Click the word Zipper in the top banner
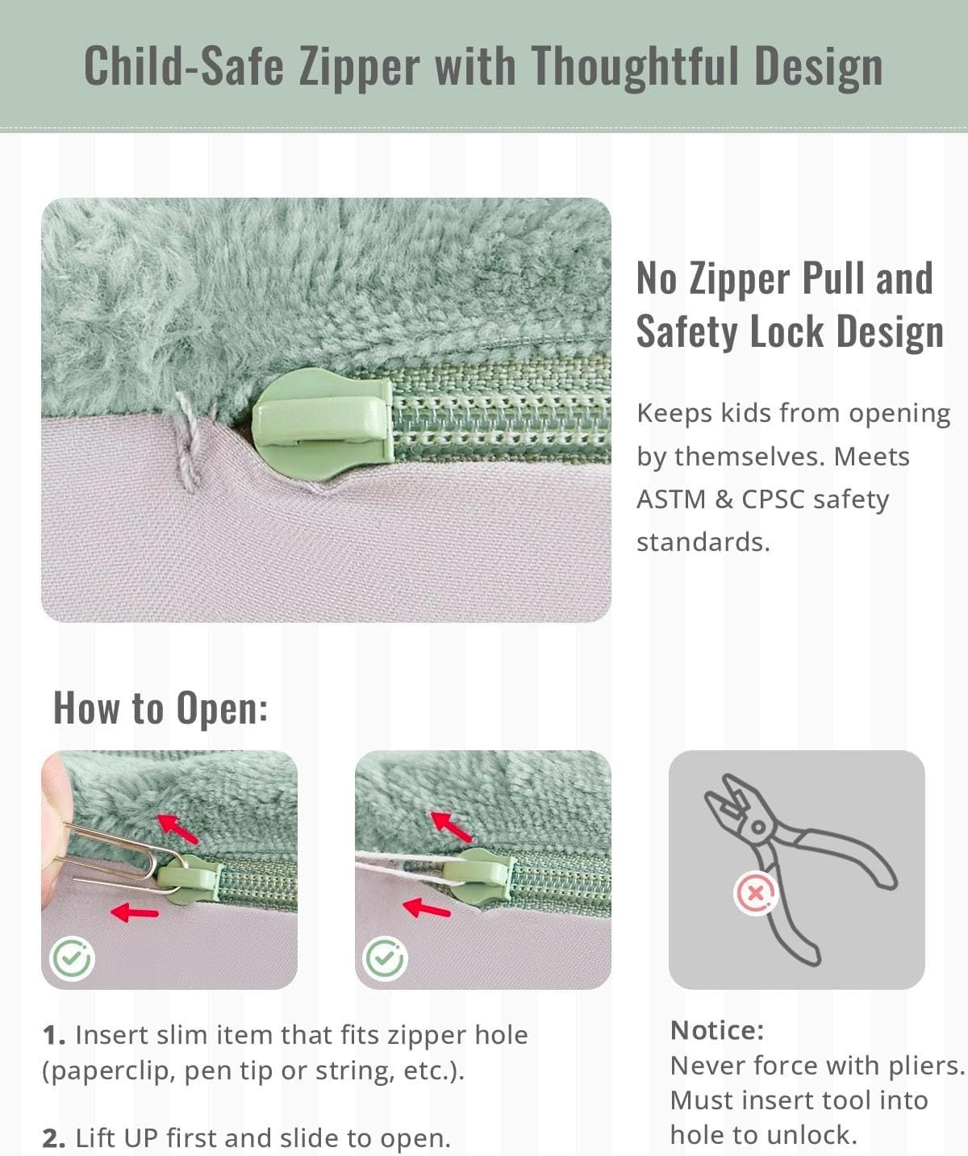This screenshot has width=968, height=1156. [x=360, y=66]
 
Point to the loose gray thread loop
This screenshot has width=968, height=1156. [x=186, y=440]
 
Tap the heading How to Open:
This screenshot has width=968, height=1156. [x=161, y=708]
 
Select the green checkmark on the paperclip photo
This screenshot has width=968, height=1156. [x=72, y=959]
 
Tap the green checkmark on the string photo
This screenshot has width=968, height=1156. [x=385, y=959]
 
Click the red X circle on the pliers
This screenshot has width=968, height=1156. [x=755, y=893]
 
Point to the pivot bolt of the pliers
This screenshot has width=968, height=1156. [x=759, y=827]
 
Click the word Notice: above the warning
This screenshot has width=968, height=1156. [x=717, y=1031]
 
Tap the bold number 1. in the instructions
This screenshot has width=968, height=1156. [x=54, y=1035]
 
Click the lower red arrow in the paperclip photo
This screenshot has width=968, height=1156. [x=135, y=912]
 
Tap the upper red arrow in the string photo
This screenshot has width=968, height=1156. [x=451, y=827]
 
